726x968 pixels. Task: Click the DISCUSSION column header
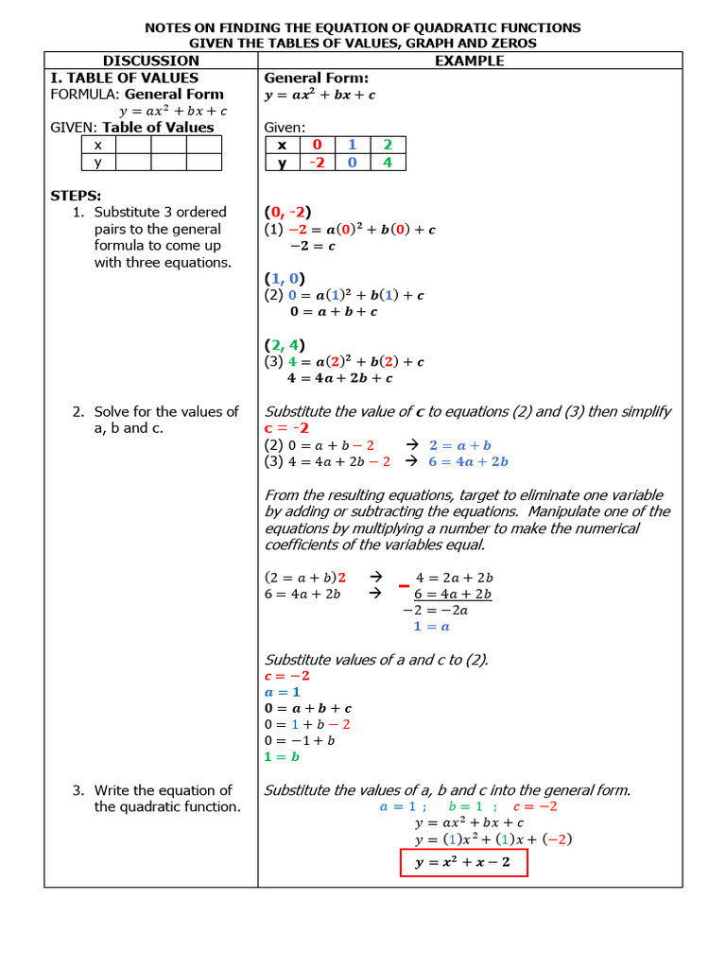click(151, 60)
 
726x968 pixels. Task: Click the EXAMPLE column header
click(469, 60)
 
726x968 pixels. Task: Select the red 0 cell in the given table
click(317, 145)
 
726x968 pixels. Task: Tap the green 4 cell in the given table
click(387, 163)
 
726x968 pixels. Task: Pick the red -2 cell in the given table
click(317, 163)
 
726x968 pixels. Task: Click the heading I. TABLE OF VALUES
click(124, 78)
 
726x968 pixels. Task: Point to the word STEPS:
click(76, 196)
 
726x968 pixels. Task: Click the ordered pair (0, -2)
click(287, 212)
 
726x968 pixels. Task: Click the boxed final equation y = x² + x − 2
click(462, 863)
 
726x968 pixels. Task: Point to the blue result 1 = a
click(431, 626)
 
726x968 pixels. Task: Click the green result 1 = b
click(282, 756)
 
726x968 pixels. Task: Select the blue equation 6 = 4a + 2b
click(468, 461)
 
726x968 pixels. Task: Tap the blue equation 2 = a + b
click(459, 445)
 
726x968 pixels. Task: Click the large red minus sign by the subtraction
click(404, 587)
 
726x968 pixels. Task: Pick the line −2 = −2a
click(435, 610)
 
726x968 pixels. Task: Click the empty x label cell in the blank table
click(97, 145)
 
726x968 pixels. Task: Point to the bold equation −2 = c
click(312, 246)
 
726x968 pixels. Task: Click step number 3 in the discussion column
click(78, 790)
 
